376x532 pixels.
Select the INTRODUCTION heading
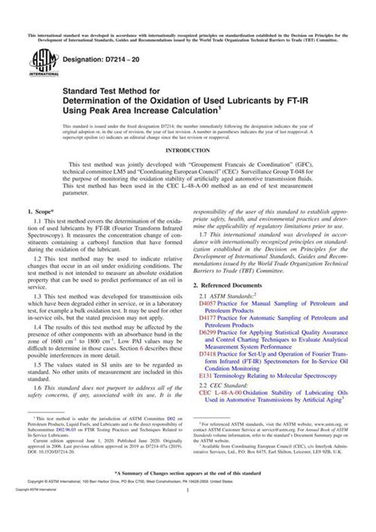(x=188, y=151)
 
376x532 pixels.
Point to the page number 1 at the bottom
(x=186, y=509)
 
